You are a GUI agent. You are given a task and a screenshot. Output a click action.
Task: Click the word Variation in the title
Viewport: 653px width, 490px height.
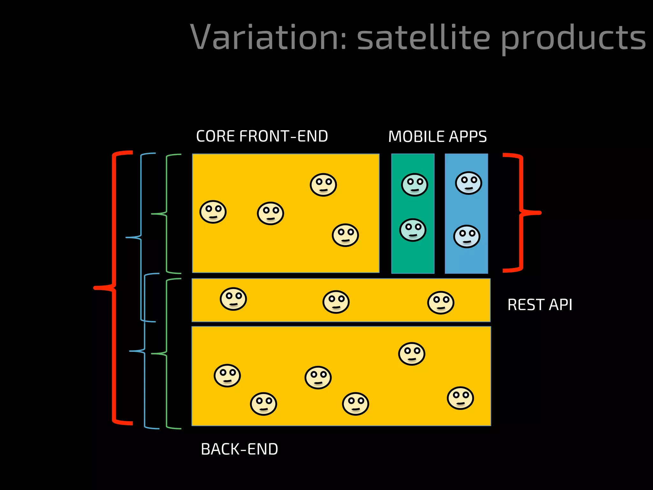click(x=268, y=38)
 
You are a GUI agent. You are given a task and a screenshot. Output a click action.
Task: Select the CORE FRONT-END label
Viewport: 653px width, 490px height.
click(x=262, y=136)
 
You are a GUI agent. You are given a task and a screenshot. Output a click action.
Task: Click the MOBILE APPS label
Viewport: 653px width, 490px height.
click(x=437, y=137)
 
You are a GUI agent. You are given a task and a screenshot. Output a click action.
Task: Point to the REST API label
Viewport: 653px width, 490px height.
click(x=540, y=305)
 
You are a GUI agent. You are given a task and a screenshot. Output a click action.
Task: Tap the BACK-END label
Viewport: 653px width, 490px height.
click(x=239, y=449)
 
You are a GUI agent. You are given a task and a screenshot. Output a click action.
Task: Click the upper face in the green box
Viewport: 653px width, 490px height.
click(x=415, y=185)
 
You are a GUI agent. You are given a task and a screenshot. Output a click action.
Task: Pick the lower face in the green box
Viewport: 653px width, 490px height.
click(x=413, y=230)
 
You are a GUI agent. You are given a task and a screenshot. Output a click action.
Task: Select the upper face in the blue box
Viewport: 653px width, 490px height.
click(x=468, y=183)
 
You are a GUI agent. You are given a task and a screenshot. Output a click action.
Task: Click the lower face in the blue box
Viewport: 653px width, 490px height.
click(x=467, y=236)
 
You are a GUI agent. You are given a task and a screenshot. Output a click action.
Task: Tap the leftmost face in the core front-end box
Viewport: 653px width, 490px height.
click(x=213, y=212)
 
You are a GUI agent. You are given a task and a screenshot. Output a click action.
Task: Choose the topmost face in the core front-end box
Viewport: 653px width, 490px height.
click(x=323, y=185)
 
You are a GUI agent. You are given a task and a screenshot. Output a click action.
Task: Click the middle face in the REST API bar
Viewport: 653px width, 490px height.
click(x=336, y=302)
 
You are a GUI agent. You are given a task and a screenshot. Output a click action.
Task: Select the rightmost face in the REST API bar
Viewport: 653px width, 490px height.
click(x=441, y=302)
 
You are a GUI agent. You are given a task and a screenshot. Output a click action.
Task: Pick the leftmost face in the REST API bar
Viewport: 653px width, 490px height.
click(x=233, y=299)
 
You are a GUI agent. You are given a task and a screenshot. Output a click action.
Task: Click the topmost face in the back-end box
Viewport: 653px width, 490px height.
click(x=412, y=354)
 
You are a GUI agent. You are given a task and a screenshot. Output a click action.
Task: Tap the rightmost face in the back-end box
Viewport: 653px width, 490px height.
click(x=460, y=398)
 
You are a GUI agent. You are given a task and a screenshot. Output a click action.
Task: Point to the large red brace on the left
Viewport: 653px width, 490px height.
click(x=114, y=287)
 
